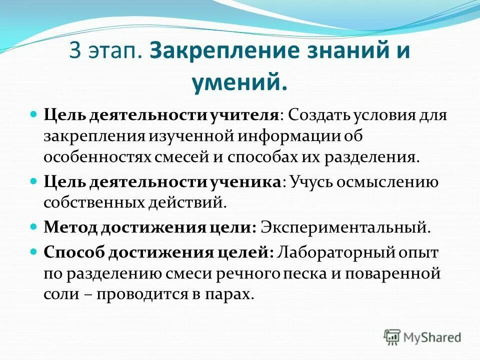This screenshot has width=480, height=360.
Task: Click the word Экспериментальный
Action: [x=345, y=227]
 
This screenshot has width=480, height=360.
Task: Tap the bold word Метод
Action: [x=69, y=227]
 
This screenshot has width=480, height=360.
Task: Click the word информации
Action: [x=295, y=136]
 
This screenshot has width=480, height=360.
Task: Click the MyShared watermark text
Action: [x=432, y=337]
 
